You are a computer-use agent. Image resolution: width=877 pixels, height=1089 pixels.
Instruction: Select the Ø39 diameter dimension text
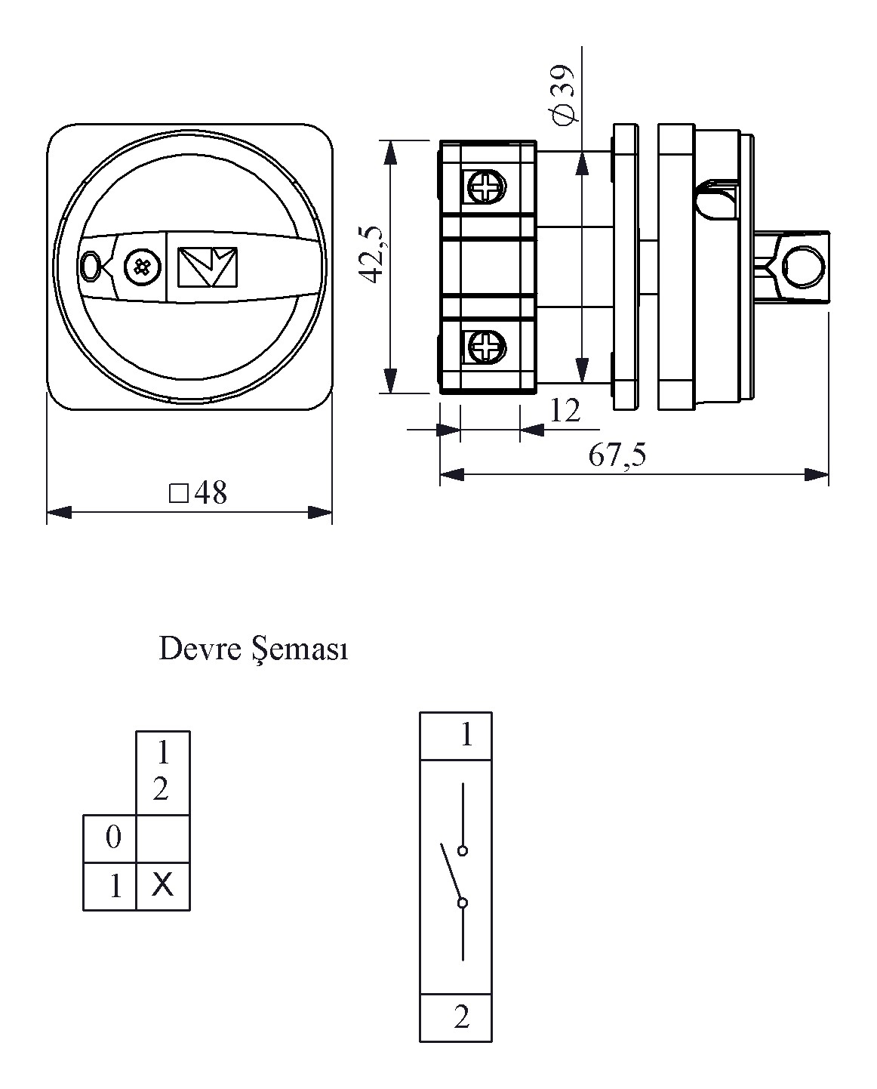(563, 95)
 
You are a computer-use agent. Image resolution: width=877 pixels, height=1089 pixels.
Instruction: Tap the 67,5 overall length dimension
(617, 455)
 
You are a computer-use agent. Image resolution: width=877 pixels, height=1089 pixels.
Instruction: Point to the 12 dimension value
(565, 411)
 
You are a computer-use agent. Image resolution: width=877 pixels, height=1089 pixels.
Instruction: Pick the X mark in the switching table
(162, 884)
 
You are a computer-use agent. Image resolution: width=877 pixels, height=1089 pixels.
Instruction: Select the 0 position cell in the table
(113, 838)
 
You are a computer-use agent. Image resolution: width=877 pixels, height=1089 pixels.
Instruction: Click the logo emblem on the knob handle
(207, 267)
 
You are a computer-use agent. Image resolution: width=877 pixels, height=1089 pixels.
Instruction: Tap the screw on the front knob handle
(141, 267)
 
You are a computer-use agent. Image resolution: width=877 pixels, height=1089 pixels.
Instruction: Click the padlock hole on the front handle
(91, 266)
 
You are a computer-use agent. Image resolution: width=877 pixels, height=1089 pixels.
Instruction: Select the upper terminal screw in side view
(485, 186)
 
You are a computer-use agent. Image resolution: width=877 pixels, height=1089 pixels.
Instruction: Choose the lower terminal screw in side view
(485, 348)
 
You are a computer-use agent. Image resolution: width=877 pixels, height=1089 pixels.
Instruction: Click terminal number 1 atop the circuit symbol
(466, 735)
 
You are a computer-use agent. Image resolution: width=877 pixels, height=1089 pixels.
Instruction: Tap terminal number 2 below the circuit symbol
(461, 1018)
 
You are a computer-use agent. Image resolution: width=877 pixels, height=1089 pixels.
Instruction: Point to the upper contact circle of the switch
(463, 850)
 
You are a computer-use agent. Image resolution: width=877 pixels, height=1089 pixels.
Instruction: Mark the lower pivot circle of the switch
(462, 902)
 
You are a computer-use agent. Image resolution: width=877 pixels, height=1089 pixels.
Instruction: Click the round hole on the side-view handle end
(801, 267)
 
